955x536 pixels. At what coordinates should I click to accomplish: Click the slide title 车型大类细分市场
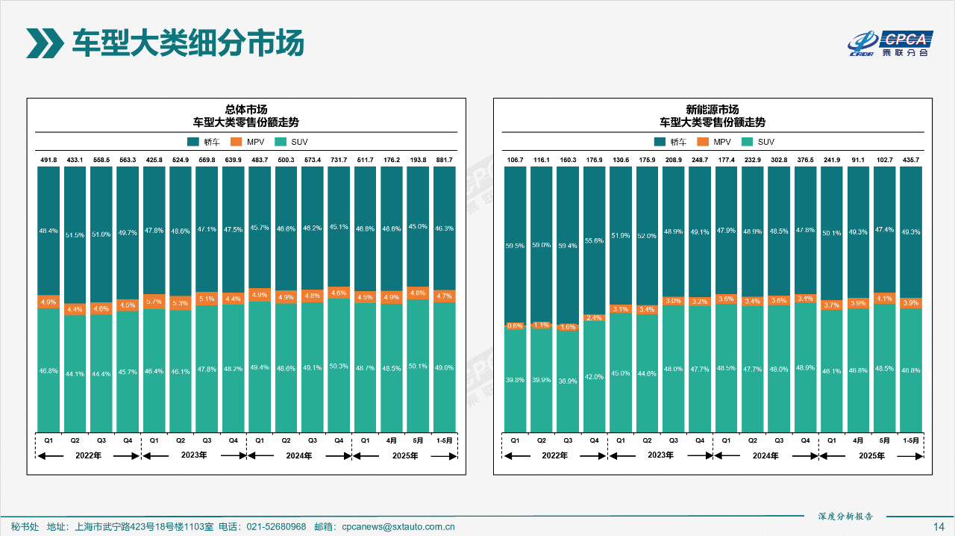click(x=187, y=43)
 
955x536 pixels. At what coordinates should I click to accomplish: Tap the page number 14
click(x=939, y=526)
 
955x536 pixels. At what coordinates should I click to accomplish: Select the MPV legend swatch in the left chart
click(x=237, y=142)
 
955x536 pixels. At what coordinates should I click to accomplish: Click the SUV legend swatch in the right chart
click(x=748, y=142)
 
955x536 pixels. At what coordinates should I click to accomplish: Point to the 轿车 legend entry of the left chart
click(x=201, y=142)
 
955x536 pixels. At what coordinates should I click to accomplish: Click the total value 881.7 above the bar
click(x=444, y=160)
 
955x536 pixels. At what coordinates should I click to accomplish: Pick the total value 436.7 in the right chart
click(x=911, y=160)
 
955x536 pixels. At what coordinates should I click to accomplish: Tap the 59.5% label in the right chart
click(x=516, y=245)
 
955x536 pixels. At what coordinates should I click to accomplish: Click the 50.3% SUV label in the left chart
click(x=339, y=366)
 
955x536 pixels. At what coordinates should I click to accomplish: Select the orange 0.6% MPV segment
click(x=516, y=325)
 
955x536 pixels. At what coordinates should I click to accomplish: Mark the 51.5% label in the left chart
click(x=75, y=236)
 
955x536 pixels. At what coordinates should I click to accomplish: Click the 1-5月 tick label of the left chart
click(x=444, y=440)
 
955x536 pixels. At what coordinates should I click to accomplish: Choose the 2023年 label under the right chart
click(x=660, y=455)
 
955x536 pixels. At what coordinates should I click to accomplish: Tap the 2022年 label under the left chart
click(x=88, y=455)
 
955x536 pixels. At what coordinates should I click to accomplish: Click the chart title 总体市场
click(x=246, y=109)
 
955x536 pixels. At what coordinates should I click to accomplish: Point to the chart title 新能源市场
click(x=713, y=109)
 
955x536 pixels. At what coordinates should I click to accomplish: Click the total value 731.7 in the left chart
click(x=339, y=160)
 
